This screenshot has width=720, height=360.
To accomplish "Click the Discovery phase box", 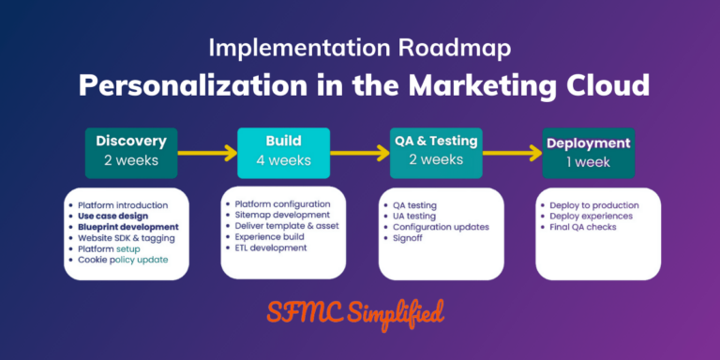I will pos(131,150).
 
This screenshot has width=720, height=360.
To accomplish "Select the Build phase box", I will pos(282,150).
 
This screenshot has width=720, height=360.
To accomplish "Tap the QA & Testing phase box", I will pos(434,150).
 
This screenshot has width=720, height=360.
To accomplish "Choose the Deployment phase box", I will pos(588,151).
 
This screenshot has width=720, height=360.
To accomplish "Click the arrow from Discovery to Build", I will pos(206,151).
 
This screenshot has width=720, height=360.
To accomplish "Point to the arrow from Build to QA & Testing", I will pos(358,151).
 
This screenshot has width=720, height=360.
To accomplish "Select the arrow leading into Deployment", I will pos(512,151).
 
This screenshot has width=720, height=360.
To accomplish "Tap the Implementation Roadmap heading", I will pos(360,47).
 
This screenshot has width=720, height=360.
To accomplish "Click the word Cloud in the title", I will pos(602,85).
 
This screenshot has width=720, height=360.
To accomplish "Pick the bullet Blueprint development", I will pos(128,227).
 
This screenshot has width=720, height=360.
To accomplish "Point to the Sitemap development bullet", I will pos(282,215).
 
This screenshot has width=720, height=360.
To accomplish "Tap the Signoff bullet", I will pos(409,238).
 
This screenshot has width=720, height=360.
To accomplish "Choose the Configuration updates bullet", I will pos(440,227).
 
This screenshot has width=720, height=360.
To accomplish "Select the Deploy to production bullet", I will pos(595,204).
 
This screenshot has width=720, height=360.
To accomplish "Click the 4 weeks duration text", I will pos(282,160).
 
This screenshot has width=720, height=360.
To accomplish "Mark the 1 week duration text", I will pos(588,161).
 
